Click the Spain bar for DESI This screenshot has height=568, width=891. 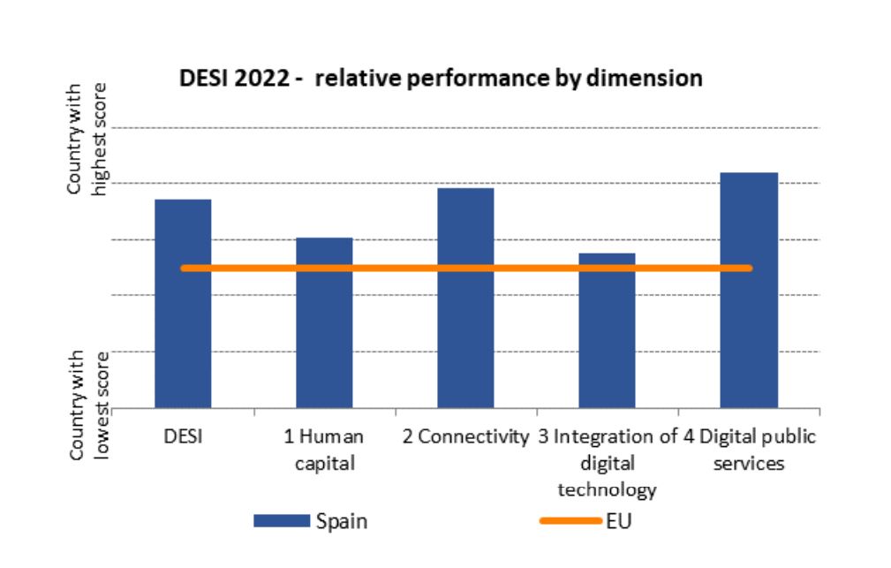click(183, 336)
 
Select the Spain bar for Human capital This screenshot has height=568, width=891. click(324, 353)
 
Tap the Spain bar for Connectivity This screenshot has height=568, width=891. click(465, 336)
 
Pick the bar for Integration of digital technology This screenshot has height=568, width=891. click(607, 353)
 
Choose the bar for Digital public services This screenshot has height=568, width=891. click(749, 336)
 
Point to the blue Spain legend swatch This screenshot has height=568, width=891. click(282, 521)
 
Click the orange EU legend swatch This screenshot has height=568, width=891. click(570, 521)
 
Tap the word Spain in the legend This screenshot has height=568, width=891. click(341, 521)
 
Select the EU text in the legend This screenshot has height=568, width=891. click(619, 521)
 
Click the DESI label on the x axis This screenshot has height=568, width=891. click(182, 436)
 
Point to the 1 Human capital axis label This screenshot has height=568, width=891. click(324, 449)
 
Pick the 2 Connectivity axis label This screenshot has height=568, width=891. click(465, 436)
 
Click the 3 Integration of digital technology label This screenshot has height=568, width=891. click(607, 462)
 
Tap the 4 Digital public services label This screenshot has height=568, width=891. click(749, 449)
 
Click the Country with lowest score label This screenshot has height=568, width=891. click(88, 405)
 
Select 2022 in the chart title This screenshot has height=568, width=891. click(262, 79)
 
